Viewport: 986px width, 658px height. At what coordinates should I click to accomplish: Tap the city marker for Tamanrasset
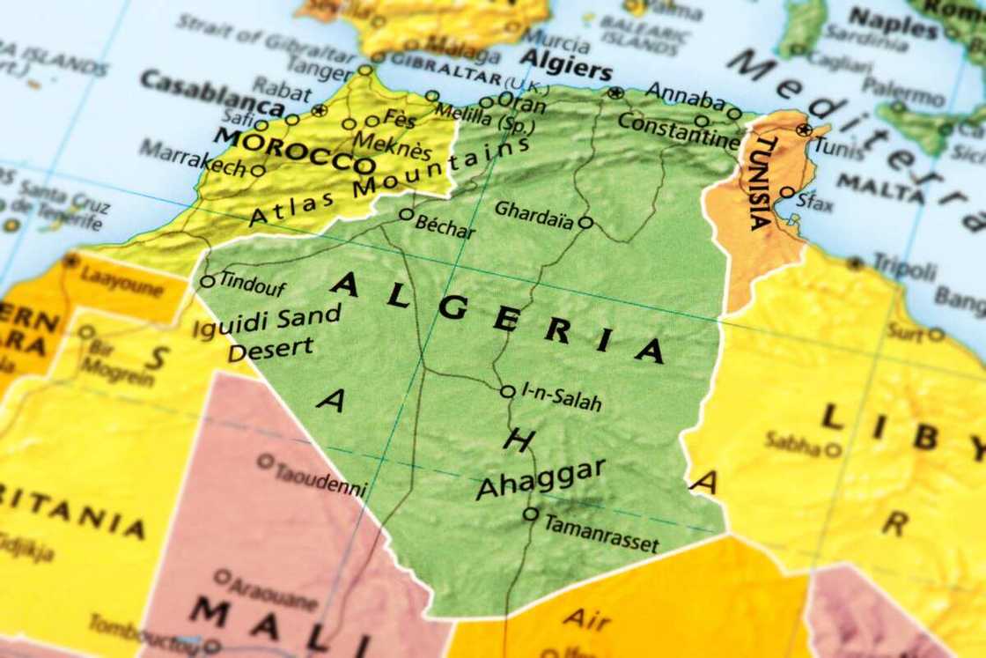point(530,514)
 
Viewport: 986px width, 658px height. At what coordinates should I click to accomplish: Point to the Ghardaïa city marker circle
point(585,222)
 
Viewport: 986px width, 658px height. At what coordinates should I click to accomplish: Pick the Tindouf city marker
point(208,282)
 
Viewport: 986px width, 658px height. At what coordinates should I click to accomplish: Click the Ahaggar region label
point(540,478)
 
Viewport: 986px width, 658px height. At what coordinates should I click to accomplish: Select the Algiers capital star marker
point(615,92)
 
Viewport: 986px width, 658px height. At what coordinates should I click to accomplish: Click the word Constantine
point(678,129)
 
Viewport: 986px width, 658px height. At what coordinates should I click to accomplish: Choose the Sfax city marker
point(787,193)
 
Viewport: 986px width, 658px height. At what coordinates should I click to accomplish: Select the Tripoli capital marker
point(854,262)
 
